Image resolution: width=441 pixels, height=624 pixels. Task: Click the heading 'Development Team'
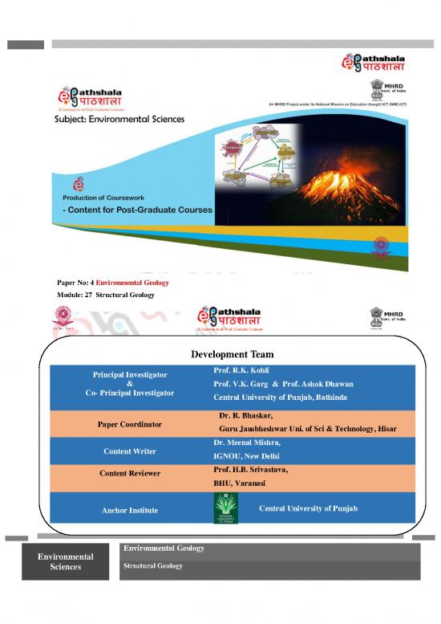point(232,354)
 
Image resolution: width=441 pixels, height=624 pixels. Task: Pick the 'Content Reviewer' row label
point(130,473)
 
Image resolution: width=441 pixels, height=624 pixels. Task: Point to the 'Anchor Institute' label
point(130,510)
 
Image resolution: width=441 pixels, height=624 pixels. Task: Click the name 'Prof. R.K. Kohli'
point(241,372)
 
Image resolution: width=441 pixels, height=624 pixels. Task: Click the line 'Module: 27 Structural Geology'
point(105,296)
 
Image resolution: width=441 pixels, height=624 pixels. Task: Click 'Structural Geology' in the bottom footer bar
point(152,566)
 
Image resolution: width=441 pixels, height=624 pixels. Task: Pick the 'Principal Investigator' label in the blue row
point(130,375)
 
